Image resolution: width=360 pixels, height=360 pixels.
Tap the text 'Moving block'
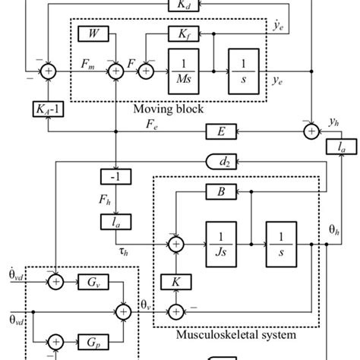(x=169, y=109)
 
